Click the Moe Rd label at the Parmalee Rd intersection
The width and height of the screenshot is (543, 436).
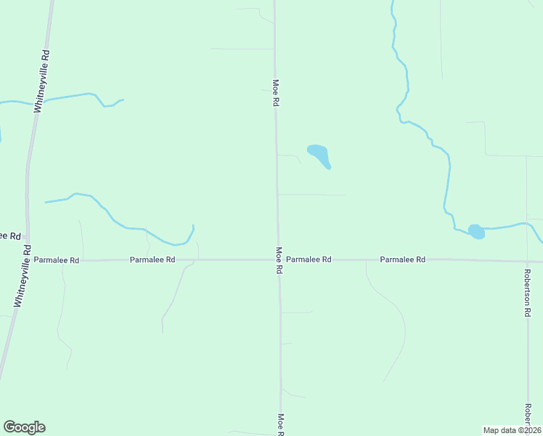pyautogui.click(x=279, y=260)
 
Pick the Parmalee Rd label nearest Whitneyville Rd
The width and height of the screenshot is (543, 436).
pyautogui.click(x=56, y=259)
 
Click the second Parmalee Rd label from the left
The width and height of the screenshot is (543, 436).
pyautogui.click(x=152, y=259)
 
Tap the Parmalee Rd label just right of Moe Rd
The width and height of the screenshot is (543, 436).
pyautogui.click(x=309, y=259)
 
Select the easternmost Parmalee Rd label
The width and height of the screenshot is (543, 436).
pyautogui.click(x=402, y=259)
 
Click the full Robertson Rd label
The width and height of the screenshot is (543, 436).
pyautogui.click(x=528, y=292)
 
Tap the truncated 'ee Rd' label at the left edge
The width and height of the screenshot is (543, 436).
pyautogui.click(x=9, y=236)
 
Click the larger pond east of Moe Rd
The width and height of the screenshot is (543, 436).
pyautogui.click(x=319, y=154)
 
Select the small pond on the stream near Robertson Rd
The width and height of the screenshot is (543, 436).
pyautogui.click(x=476, y=232)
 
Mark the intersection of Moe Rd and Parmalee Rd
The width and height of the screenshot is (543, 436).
pyautogui.click(x=278, y=259)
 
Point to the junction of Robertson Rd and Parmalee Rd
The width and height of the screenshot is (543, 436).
pyautogui.click(x=527, y=261)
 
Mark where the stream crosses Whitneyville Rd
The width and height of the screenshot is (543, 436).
pyautogui.click(x=37, y=102)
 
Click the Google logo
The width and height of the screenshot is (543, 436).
pyautogui.click(x=24, y=427)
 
